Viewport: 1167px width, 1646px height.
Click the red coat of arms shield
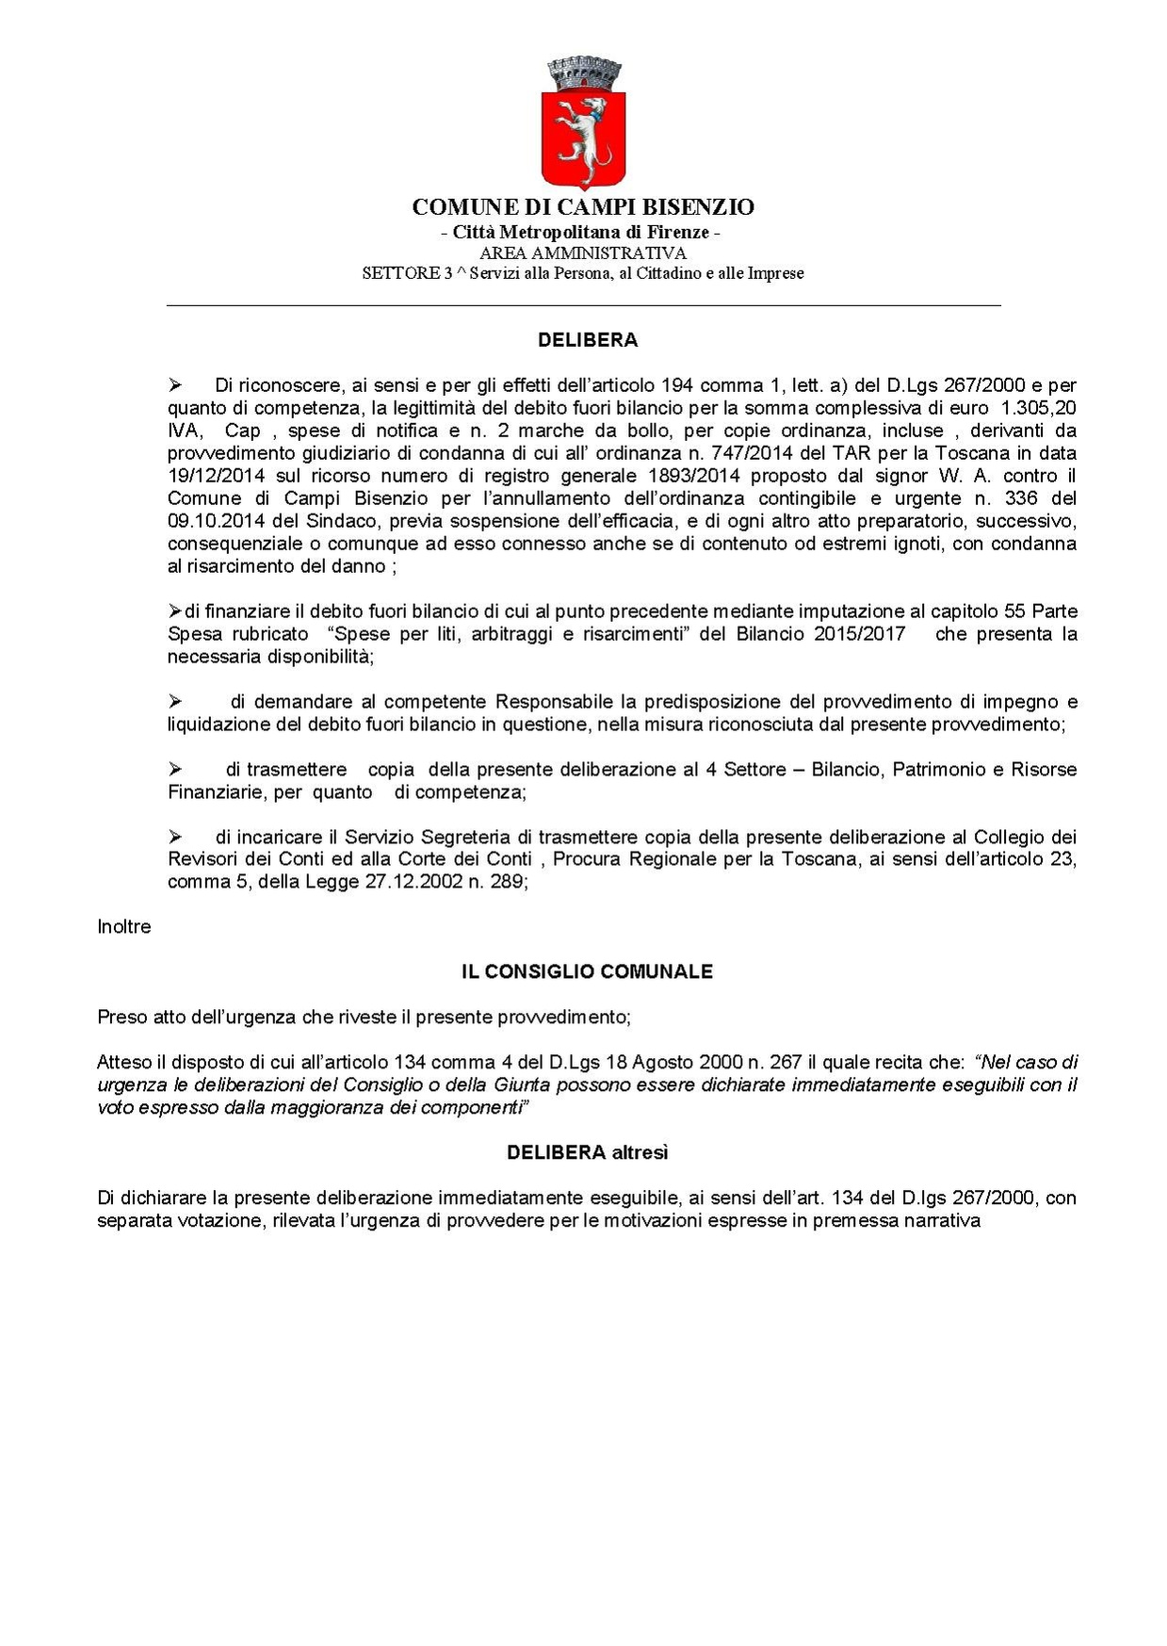(583, 139)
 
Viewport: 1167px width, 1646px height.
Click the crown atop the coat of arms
(583, 73)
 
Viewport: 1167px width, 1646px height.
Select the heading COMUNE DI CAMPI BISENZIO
(583, 207)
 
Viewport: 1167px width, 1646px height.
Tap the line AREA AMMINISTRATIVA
(583, 253)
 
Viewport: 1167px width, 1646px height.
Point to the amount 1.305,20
(1036, 408)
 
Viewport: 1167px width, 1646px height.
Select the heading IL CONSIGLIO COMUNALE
(586, 971)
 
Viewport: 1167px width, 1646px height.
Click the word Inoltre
(123, 926)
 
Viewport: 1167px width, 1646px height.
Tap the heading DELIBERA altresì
(587, 1152)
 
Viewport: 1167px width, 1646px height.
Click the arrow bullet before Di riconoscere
(174, 385)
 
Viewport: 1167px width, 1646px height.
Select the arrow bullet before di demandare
(174, 702)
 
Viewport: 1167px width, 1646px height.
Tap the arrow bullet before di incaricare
(174, 838)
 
